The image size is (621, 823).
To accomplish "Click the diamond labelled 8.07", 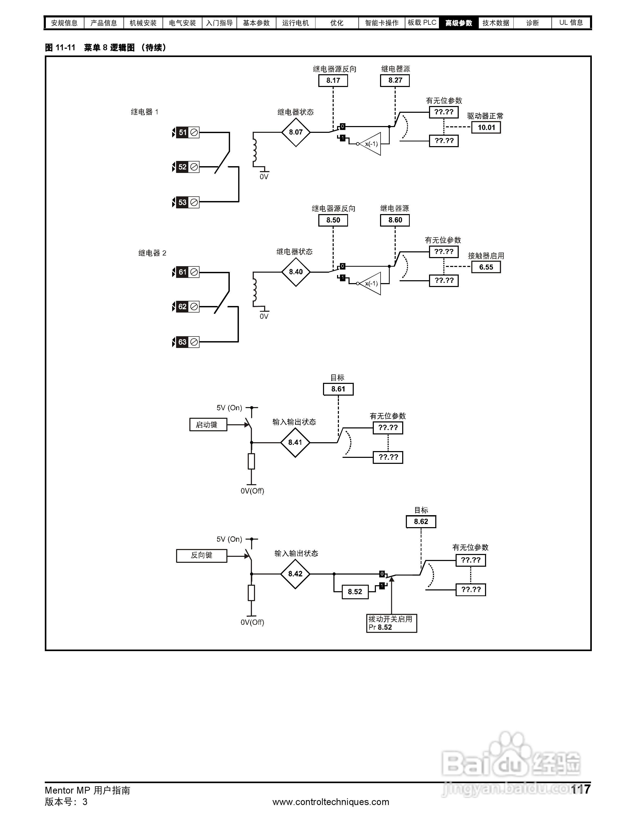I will click(296, 132).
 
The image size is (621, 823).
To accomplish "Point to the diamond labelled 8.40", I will click(296, 272).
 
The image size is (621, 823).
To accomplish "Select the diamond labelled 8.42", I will click(295, 574).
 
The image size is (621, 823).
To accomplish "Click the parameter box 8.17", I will click(333, 80).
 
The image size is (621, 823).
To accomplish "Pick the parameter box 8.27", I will click(395, 80).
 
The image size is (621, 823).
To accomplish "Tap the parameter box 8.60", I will click(395, 220).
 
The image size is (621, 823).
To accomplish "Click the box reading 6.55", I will click(486, 267).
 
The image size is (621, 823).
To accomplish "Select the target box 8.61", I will click(338, 389).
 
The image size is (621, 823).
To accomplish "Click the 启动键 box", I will click(208, 425).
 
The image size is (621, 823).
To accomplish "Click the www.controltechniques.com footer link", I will click(330, 802).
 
